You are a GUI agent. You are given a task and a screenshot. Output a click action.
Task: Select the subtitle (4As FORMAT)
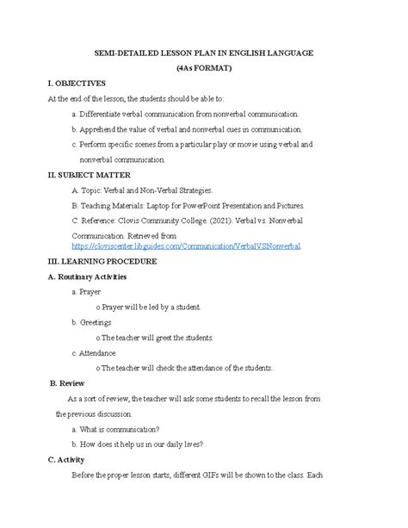(203, 68)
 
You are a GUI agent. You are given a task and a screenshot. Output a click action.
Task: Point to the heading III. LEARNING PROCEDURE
(102, 261)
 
